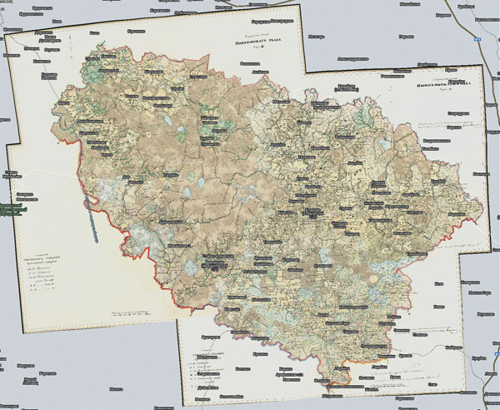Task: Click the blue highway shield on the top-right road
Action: (x=477, y=39)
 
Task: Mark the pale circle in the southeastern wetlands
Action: (x=382, y=278)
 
